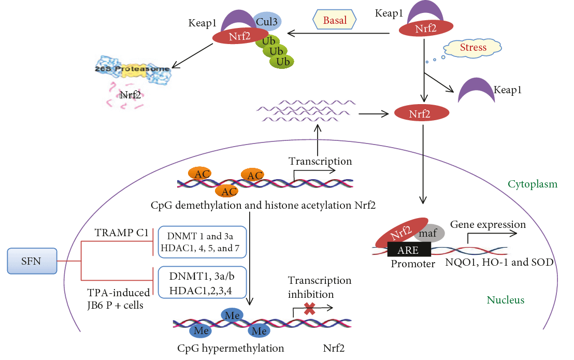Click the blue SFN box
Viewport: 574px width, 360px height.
click(x=32, y=261)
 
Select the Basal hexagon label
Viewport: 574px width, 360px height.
click(x=335, y=21)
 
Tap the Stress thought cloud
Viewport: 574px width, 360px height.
click(x=473, y=48)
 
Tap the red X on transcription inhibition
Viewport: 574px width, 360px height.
click(x=309, y=310)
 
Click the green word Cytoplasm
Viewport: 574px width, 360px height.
click(x=532, y=184)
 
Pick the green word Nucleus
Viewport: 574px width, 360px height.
click(x=506, y=300)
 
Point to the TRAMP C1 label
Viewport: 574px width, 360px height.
click(x=120, y=233)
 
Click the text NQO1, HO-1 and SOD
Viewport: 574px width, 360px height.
click(x=499, y=262)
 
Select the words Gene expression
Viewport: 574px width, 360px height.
click(x=488, y=224)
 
